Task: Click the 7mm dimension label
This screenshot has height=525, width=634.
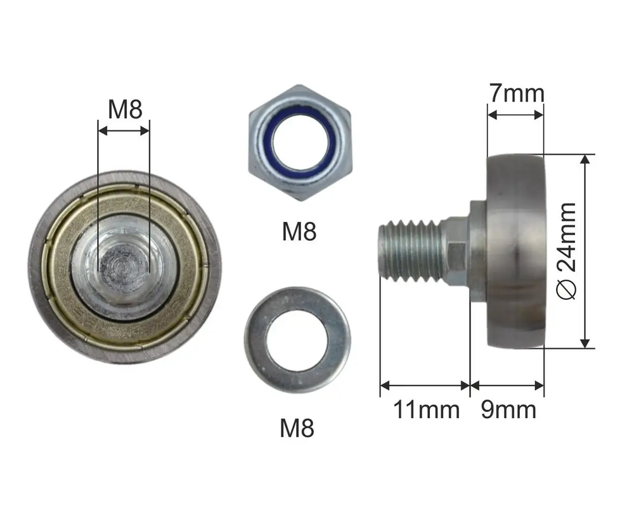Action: pyautogui.click(x=516, y=93)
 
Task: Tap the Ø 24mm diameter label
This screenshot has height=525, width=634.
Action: pyautogui.click(x=566, y=251)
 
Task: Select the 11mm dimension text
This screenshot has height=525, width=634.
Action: pyautogui.click(x=426, y=410)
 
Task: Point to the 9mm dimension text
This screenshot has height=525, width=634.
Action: pyautogui.click(x=508, y=410)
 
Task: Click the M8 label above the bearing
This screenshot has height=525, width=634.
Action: pyautogui.click(x=125, y=109)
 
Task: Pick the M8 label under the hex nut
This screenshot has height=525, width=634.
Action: pyautogui.click(x=299, y=231)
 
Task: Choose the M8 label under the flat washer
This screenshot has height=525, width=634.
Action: pyautogui.click(x=297, y=428)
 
